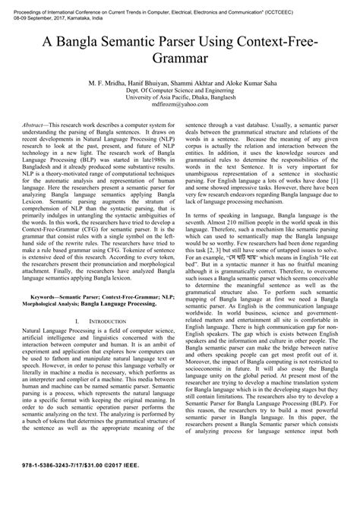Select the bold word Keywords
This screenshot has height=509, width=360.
click(x=45, y=311)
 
